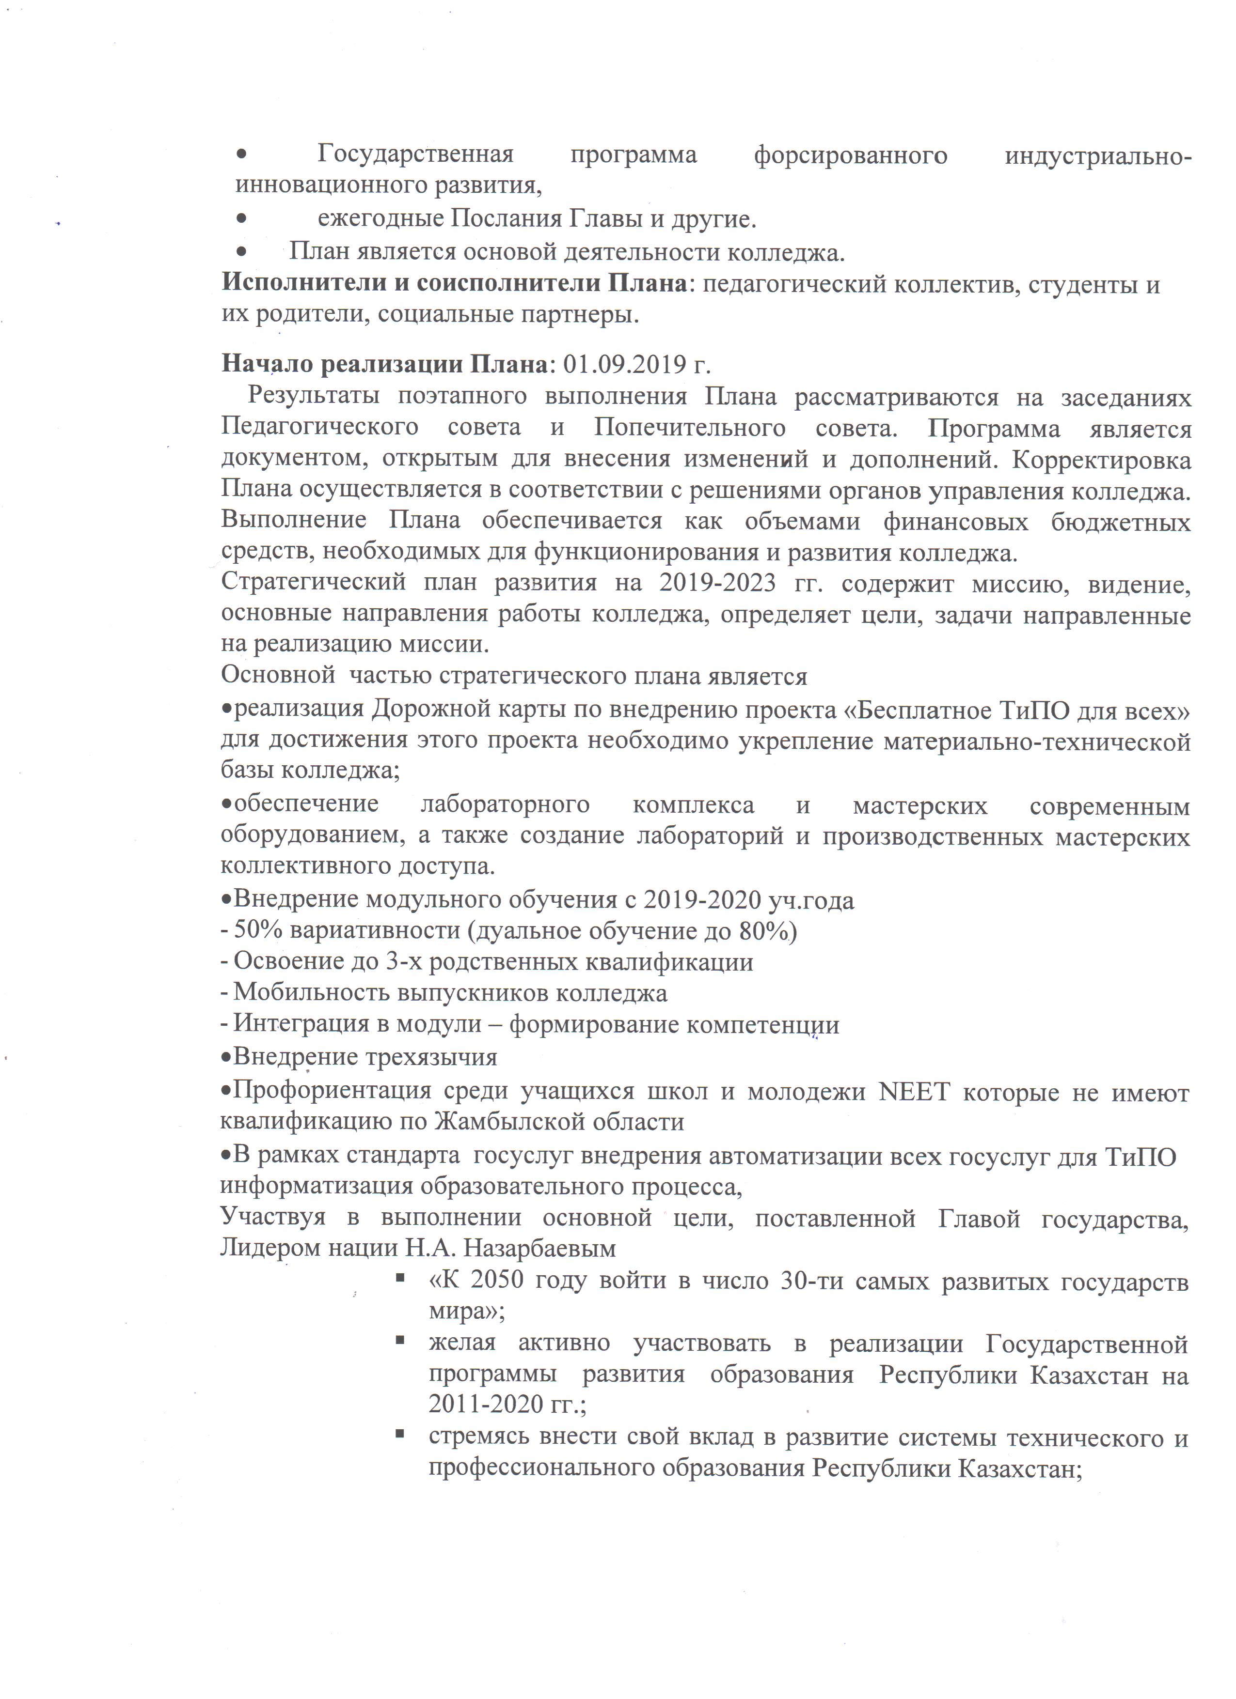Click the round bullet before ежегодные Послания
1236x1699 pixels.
(242, 219)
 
